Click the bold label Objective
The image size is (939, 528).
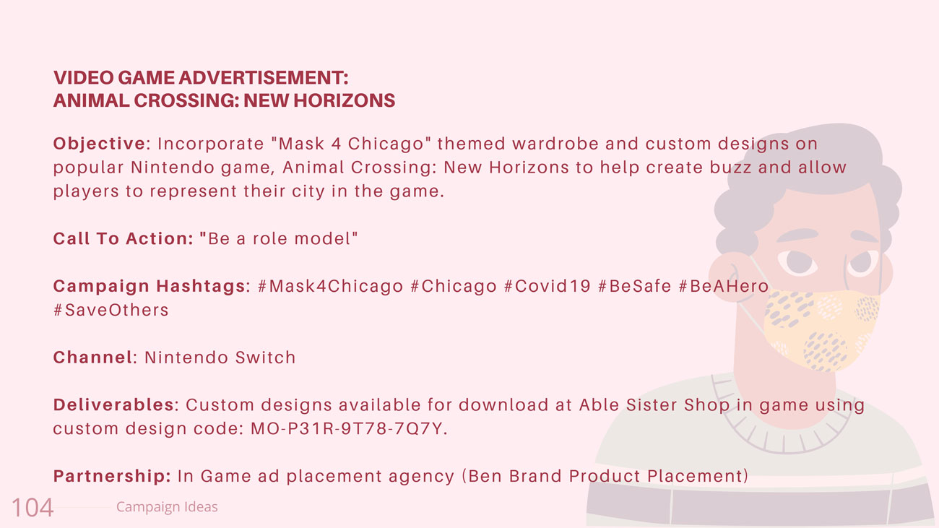pos(100,144)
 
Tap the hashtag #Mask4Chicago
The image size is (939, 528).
pos(330,286)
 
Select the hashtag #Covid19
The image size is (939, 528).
pos(548,286)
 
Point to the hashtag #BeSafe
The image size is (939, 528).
pos(635,286)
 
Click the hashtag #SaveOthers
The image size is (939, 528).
pos(111,310)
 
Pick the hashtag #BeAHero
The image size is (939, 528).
pos(724,286)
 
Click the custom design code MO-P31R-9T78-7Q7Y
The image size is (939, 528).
pos(346,429)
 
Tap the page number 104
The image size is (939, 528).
pos(33,508)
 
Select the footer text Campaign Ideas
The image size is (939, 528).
pos(167,506)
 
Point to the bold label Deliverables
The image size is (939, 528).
pos(113,404)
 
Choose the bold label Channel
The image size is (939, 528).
pos(93,358)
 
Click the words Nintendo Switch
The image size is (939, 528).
pos(220,358)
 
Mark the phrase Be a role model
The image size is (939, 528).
pos(280,239)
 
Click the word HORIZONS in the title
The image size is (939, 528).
pos(344,100)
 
